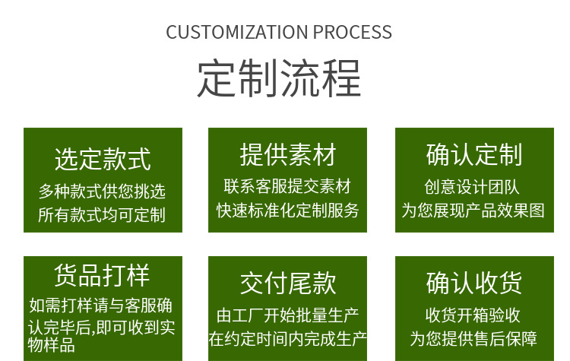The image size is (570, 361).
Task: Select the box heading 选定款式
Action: coord(103,160)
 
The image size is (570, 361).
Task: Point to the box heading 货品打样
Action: coord(103,274)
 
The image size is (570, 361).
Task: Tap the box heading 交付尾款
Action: coord(288,283)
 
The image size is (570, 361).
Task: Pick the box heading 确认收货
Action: coord(474,283)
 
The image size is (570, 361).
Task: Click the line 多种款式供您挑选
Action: coord(102,190)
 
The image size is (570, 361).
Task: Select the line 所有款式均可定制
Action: coord(102,214)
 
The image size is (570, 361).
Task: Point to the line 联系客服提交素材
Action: coord(288,186)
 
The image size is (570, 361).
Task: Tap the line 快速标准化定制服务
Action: coord(288,211)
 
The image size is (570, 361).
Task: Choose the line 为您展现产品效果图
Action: coord(473,211)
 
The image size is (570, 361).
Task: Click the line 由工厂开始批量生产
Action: coord(288,315)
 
